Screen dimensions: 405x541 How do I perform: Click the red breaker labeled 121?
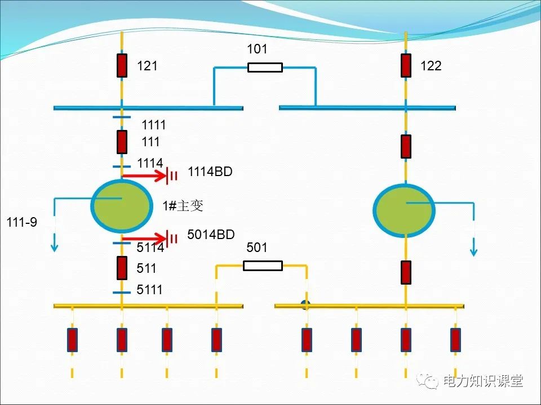coord(122,66)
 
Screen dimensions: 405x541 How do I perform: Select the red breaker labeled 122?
coord(406,66)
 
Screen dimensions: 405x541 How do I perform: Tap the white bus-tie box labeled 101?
coord(265,67)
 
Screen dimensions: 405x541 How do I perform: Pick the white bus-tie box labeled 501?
coord(263,265)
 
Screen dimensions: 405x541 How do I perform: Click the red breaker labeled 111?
coord(122,142)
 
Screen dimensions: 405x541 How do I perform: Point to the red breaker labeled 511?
coord(122,268)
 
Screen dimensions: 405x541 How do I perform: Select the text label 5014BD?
coord(211,235)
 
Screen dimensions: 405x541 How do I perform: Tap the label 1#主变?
coord(183,206)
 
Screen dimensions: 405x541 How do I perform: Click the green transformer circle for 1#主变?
coord(121,205)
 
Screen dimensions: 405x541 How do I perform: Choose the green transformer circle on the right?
coord(404,210)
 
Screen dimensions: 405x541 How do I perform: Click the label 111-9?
coord(21,223)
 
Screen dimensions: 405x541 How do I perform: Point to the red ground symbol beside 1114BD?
coord(172,177)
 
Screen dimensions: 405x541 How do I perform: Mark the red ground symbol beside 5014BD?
coord(172,238)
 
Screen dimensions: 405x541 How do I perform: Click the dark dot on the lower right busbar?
coord(306,305)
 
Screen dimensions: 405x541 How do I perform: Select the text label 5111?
coord(149,290)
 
